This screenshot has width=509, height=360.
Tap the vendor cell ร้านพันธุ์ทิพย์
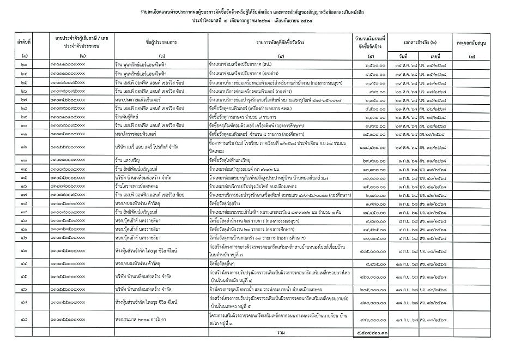coord(128,117)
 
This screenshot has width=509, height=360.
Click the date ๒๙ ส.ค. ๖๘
coord(403,146)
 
